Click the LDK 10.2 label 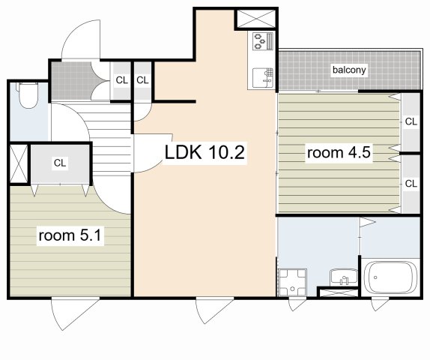click(x=205, y=152)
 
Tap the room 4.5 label click(x=339, y=153)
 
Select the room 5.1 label click(x=70, y=235)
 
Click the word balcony click(x=349, y=70)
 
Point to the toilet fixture click(x=28, y=95)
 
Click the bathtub click(x=391, y=277)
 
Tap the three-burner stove click(x=263, y=41)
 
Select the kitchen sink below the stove click(x=263, y=78)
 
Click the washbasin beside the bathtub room click(x=344, y=277)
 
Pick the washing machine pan click(x=292, y=283)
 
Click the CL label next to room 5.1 click(x=60, y=163)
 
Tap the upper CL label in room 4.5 click(x=411, y=121)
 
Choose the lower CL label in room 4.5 click(x=411, y=184)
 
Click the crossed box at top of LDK click(x=256, y=19)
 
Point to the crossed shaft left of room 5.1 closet click(x=19, y=163)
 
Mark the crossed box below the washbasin click(x=339, y=292)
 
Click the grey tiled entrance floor click(x=72, y=81)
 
